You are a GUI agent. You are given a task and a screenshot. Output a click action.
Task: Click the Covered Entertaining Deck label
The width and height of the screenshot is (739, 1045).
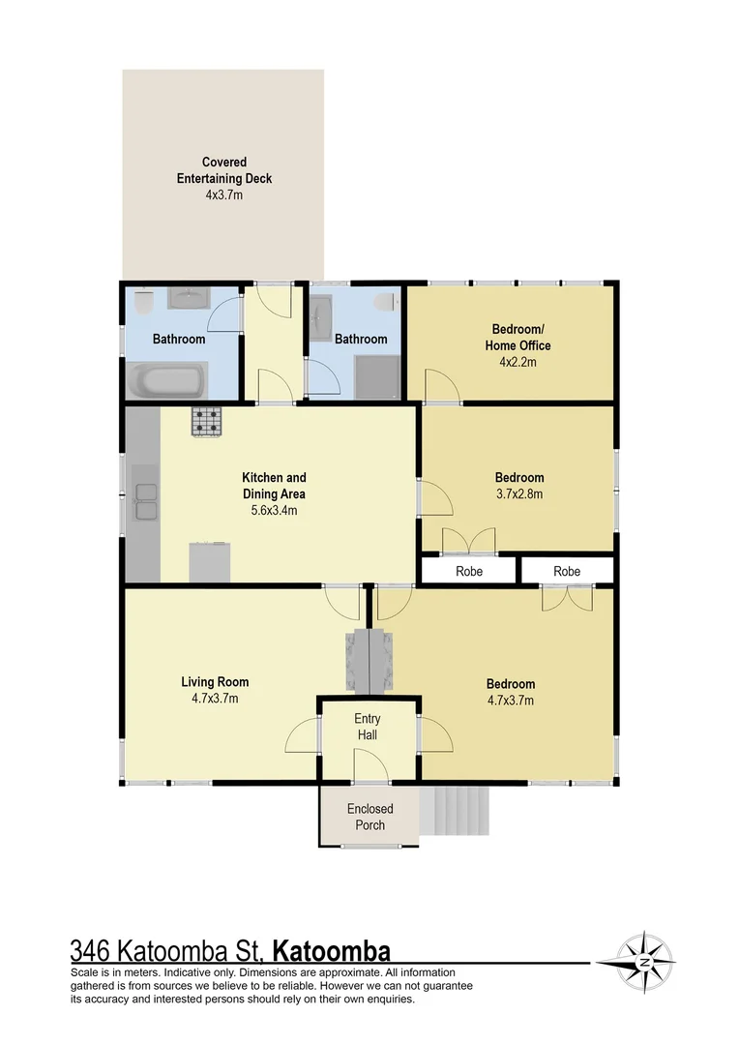point(223,170)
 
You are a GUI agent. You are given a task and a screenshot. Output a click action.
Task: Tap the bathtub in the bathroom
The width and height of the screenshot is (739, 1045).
point(166,380)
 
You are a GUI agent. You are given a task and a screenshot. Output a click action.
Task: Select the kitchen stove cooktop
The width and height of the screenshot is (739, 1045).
point(206,422)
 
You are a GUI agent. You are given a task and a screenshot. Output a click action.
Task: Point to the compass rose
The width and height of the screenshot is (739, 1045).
point(645,962)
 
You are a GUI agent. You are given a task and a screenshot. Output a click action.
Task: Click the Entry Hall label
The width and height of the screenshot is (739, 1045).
point(367,727)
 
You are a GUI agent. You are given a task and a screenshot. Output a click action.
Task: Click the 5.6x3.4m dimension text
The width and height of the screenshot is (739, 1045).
point(274,510)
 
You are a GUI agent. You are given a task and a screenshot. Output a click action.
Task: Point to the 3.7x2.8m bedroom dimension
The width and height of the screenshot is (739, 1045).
point(519,493)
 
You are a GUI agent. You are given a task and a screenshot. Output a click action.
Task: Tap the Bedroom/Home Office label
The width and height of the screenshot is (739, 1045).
point(520,337)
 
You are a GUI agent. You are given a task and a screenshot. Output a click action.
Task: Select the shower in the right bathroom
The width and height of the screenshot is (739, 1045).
point(375,376)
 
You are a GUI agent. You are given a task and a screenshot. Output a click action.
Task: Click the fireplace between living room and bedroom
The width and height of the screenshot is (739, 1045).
point(371,661)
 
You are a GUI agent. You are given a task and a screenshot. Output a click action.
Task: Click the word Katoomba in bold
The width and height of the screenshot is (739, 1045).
point(333,950)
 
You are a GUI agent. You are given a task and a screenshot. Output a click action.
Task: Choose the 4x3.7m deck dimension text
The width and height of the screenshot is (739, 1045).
point(223,194)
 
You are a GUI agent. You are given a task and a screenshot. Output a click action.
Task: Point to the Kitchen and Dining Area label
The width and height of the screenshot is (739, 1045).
point(274,486)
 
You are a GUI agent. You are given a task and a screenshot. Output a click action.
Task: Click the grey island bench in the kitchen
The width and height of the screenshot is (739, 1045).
point(210,561)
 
